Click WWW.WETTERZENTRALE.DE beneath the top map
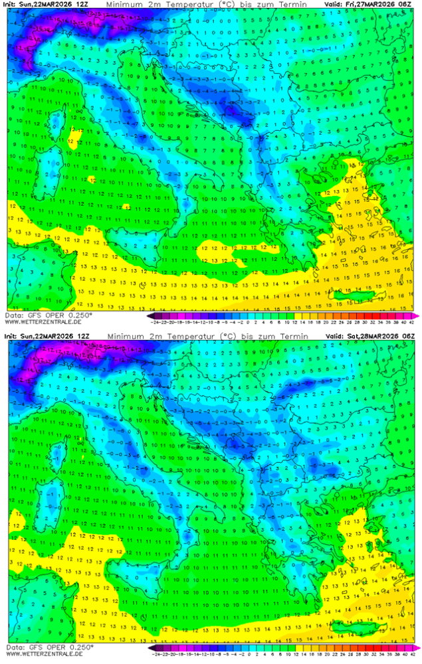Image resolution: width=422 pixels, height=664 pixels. point(43,322)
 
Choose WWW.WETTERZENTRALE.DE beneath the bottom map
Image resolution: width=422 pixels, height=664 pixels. point(43,654)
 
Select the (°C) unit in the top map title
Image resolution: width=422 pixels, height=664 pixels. point(213,4)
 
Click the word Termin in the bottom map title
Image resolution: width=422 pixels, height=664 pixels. point(293,337)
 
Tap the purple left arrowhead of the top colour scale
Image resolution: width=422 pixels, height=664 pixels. point(150,316)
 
